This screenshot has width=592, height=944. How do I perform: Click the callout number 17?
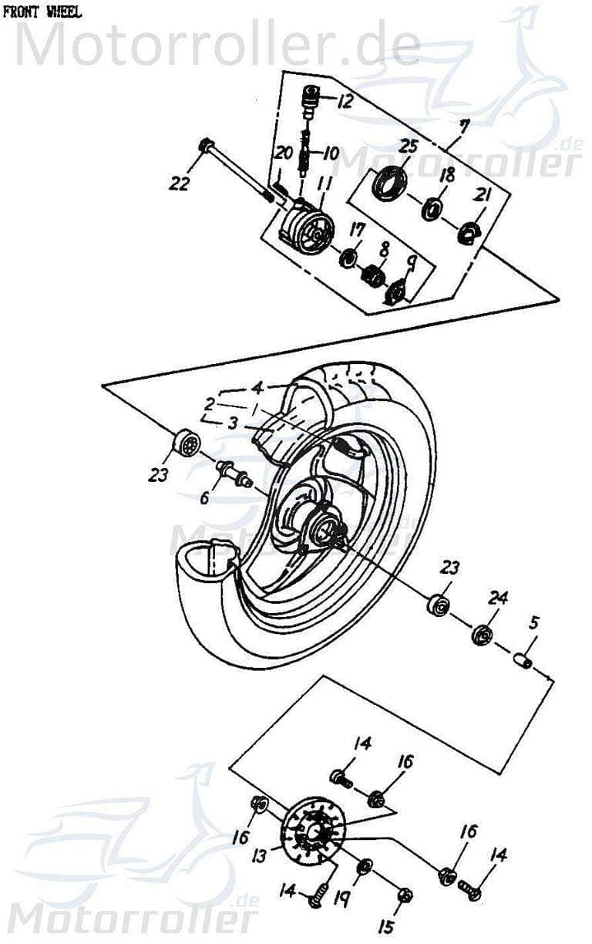pos(356,229)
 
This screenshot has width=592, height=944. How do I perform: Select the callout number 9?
pos(412,265)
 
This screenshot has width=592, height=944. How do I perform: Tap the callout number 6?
pos(204,497)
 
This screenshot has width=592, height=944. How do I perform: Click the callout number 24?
pos(499,597)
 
